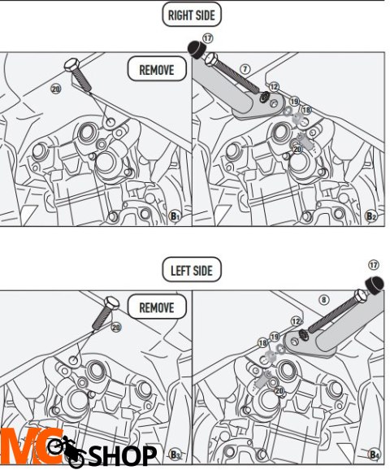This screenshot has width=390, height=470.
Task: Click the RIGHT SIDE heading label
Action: (x=192, y=15)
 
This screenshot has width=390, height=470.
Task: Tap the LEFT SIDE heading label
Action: (x=192, y=270)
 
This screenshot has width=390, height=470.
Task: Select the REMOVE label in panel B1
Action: (x=157, y=70)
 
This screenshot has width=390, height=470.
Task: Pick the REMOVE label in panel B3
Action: (x=157, y=307)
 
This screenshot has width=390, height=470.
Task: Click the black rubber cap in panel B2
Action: (x=196, y=49)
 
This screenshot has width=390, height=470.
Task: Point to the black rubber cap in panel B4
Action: (x=374, y=285)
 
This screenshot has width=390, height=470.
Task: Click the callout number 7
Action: (x=245, y=69)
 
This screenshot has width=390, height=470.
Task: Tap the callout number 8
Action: (x=324, y=300)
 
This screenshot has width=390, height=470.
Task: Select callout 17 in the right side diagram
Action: (x=207, y=38)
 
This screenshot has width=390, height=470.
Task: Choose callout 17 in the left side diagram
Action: (x=374, y=265)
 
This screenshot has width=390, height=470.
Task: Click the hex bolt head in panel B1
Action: (x=72, y=65)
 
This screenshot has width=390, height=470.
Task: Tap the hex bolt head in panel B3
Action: (x=111, y=302)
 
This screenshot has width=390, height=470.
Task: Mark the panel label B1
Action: (x=175, y=215)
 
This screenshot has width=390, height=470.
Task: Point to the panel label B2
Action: (x=371, y=215)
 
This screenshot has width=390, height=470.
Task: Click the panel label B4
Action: (x=374, y=454)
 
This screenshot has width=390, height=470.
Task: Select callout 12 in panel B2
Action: (x=274, y=87)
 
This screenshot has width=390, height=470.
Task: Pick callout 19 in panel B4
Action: (x=275, y=337)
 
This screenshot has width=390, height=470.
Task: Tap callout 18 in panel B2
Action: (x=306, y=110)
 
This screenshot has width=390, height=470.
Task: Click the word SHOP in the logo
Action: (x=123, y=455)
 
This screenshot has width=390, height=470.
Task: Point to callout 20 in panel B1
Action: (x=56, y=89)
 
